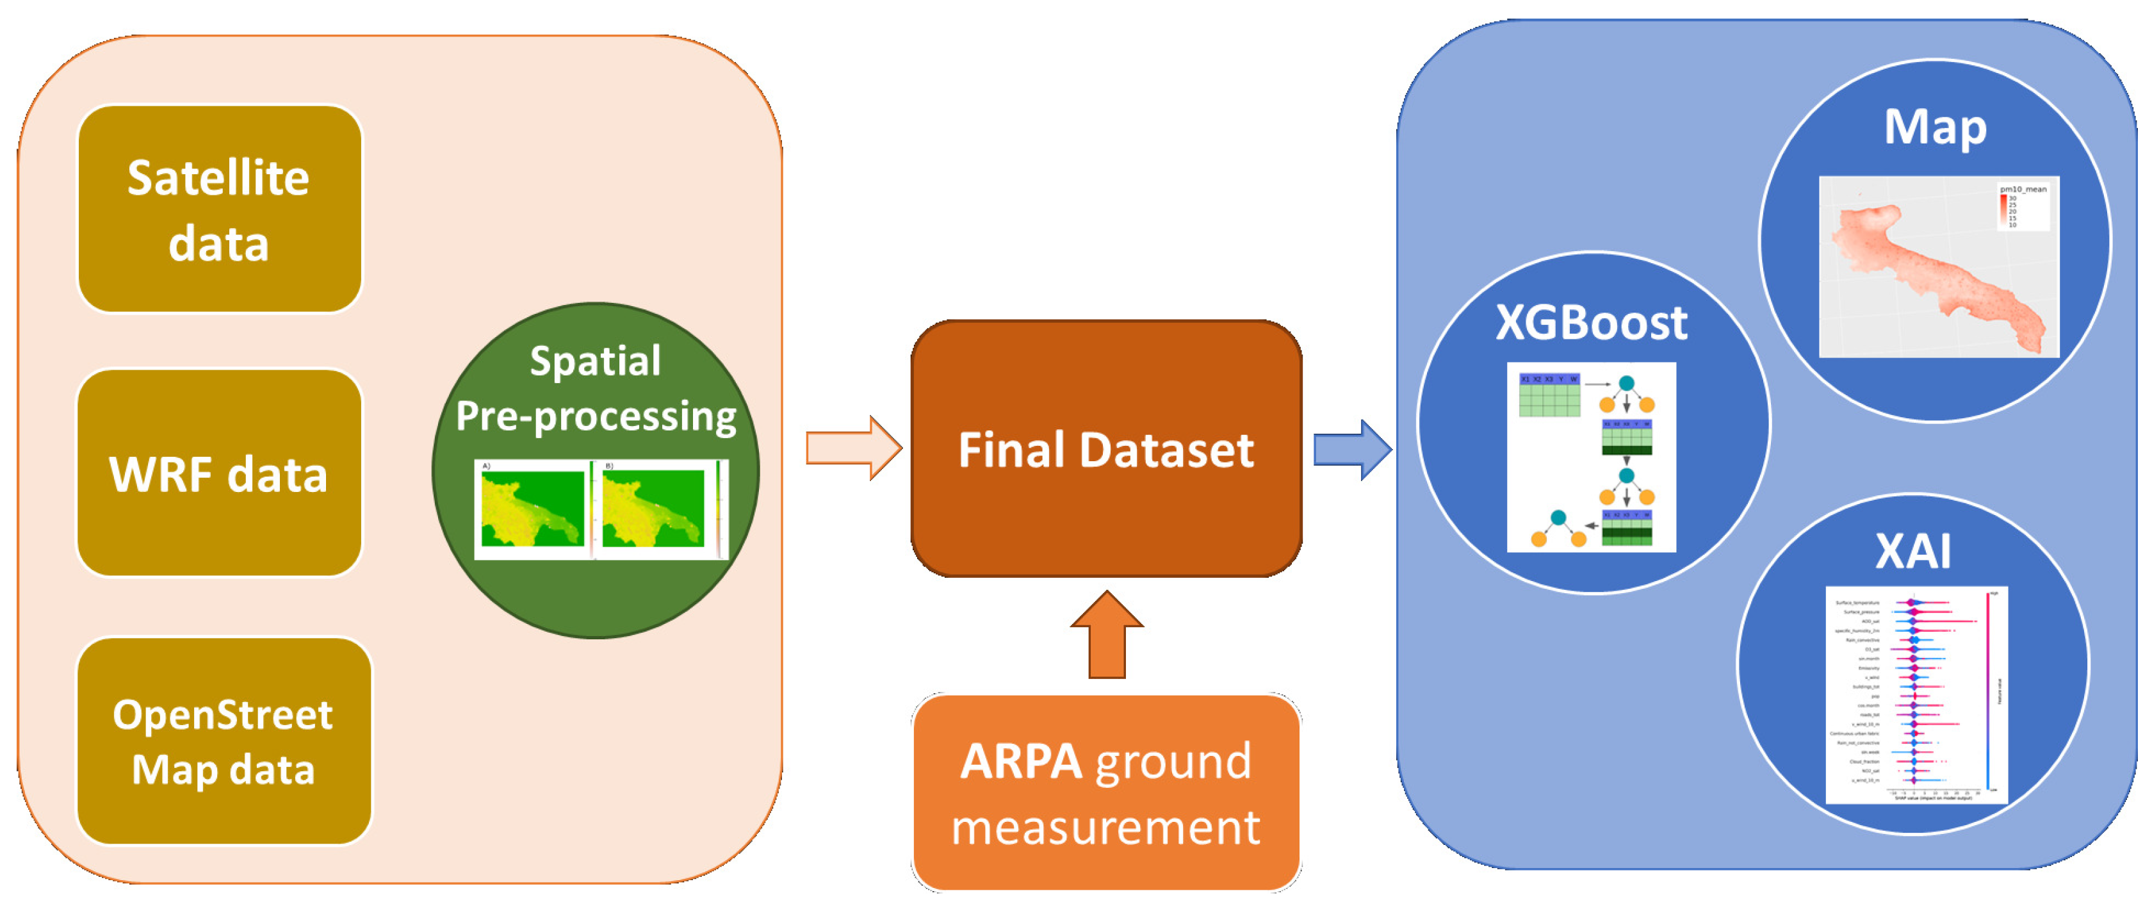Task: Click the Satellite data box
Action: tap(219, 209)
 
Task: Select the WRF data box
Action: tap(219, 473)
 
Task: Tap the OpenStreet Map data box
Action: tap(223, 742)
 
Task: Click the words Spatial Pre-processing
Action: tap(596, 388)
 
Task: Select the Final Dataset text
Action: tap(1105, 450)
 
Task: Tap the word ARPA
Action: tap(1021, 761)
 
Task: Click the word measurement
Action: tap(1105, 828)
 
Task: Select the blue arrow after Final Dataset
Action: tap(1351, 450)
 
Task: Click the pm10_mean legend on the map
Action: tap(2022, 206)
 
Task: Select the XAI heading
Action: tap(1912, 552)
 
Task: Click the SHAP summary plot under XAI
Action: tap(1916, 695)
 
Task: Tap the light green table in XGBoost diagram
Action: tap(1549, 395)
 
